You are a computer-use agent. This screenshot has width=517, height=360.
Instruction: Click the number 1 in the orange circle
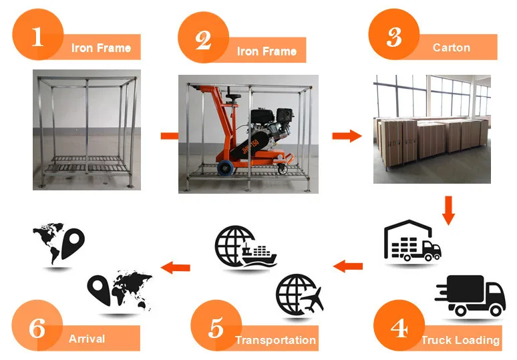pyautogui.click(x=37, y=36)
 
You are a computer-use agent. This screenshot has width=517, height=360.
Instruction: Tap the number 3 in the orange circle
pyautogui.click(x=394, y=37)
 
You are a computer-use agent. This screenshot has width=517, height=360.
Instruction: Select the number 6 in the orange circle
pyautogui.click(x=37, y=328)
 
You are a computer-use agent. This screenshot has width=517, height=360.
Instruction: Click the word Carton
pyautogui.click(x=452, y=47)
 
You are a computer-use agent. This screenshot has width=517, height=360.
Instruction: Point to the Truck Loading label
pyautogui.click(x=461, y=340)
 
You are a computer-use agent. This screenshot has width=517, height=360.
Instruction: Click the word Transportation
pyautogui.click(x=276, y=340)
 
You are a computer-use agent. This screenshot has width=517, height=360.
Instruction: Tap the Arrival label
pyautogui.click(x=87, y=339)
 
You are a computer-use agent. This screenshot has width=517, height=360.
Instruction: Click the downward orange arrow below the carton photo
pyautogui.click(x=448, y=210)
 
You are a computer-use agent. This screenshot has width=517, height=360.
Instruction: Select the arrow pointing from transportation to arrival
pyautogui.click(x=176, y=267)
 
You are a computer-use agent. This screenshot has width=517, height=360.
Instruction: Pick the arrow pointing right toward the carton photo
pyautogui.click(x=347, y=136)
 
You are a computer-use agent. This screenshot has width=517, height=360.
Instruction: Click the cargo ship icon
pyautogui.click(x=259, y=255)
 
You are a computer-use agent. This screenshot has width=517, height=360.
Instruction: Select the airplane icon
pyautogui.click(x=312, y=301)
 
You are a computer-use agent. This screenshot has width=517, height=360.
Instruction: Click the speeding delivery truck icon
pyautogui.click(x=470, y=295)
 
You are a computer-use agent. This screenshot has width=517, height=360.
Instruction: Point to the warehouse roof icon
pyautogui.click(x=409, y=227)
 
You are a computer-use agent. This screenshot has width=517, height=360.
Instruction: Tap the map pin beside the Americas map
pyautogui.click(x=73, y=243)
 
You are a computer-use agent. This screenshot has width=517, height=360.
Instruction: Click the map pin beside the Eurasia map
pyautogui.click(x=99, y=289)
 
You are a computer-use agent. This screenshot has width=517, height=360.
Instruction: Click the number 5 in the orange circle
pyautogui.click(x=216, y=328)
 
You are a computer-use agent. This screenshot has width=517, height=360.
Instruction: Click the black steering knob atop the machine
pyautogui.click(x=233, y=98)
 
